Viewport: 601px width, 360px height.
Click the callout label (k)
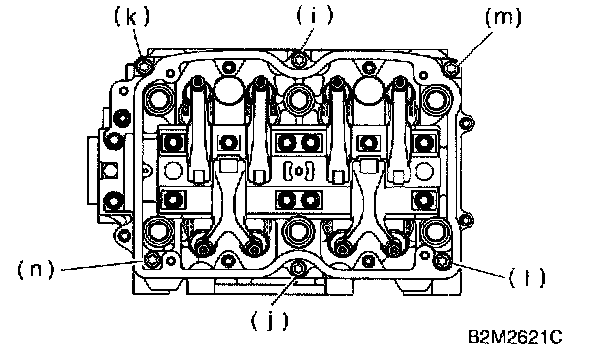131,17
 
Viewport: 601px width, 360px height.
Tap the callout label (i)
314,16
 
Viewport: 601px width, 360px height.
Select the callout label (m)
503,17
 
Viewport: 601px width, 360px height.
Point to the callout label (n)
36,270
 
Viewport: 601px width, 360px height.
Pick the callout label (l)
526,278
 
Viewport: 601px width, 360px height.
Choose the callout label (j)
269,320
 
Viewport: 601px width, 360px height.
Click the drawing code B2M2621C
515,337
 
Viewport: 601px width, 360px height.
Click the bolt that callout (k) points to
144,66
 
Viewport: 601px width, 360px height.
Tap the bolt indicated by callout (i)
299,59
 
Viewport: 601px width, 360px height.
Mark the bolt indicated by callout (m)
451,67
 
